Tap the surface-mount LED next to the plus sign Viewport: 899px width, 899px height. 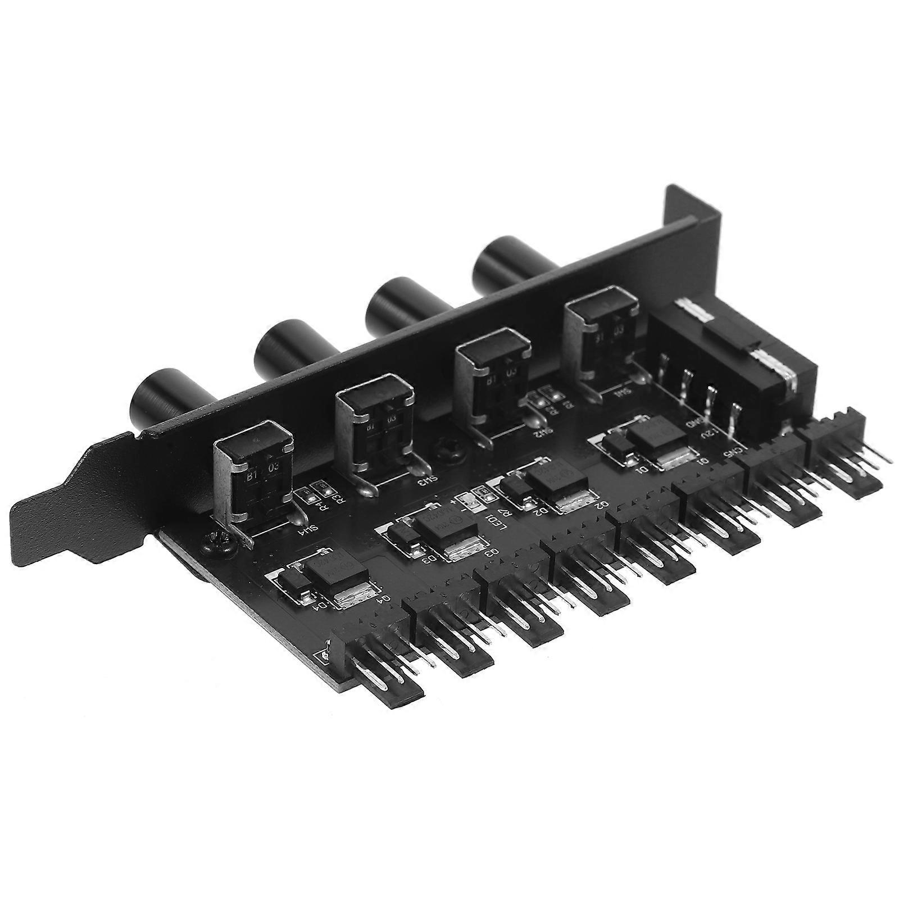[465, 500]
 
